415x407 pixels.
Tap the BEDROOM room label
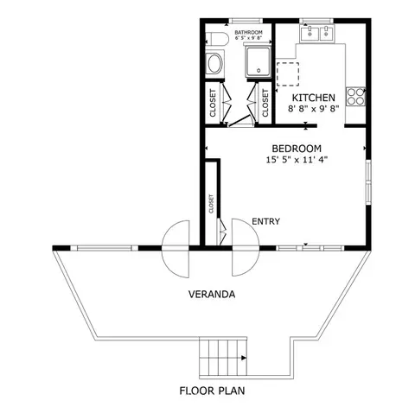point(297,148)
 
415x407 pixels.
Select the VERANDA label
point(213,295)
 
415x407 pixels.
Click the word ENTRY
point(265,222)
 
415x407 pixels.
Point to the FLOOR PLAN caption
point(213,390)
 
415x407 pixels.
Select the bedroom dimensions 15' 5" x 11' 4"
point(297,160)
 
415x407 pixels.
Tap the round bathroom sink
point(214,63)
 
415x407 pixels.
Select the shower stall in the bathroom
point(258,62)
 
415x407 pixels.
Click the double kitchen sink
point(316,34)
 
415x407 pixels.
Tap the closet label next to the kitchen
point(265,102)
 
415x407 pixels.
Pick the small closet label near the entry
point(210,204)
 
